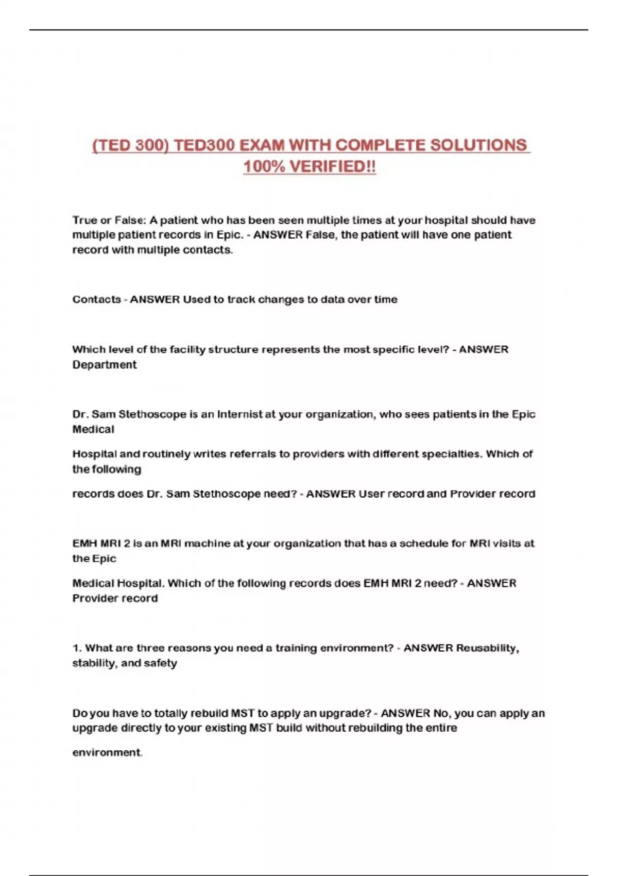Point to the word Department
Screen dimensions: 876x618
point(105,365)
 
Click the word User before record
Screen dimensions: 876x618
point(371,494)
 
